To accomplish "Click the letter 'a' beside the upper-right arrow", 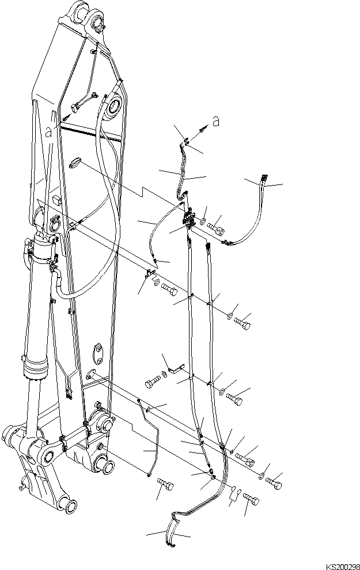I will click(215, 122).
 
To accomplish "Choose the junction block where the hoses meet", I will click(189, 218).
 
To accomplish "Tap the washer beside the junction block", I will click(203, 220).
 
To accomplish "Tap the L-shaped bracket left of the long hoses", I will click(176, 367).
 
